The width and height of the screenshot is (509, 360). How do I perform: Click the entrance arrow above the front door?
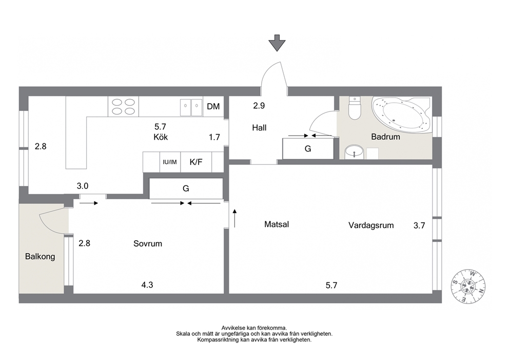[x=277, y=43]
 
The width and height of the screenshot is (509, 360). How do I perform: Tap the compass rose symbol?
[x=468, y=287]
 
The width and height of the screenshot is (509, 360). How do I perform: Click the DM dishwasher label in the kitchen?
[x=213, y=106]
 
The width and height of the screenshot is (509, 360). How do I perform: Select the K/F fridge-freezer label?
[x=196, y=162]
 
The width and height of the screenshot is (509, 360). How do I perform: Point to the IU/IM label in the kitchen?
[x=170, y=162]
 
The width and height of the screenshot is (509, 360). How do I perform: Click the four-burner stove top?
[x=123, y=107]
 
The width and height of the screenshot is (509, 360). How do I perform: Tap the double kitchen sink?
[x=191, y=107]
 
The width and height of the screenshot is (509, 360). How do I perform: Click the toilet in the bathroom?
[x=355, y=108]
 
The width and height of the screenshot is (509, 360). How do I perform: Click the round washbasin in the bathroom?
[x=354, y=151]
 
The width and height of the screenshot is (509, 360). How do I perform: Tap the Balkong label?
[x=40, y=257]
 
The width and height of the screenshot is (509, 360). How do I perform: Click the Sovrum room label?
[x=148, y=244]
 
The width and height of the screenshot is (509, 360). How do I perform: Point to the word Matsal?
[x=277, y=224]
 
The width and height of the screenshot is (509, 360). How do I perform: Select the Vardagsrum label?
[x=371, y=225]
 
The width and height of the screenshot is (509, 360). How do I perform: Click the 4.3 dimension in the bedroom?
[x=147, y=285]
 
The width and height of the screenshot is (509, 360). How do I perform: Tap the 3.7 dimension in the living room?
[x=419, y=225]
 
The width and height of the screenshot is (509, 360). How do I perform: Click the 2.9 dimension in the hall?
[x=259, y=106]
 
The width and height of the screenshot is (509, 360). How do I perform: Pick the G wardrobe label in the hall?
[x=308, y=149]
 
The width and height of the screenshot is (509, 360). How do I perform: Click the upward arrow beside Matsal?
[x=234, y=218]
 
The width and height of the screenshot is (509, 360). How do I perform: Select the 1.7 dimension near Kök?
[x=214, y=137]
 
